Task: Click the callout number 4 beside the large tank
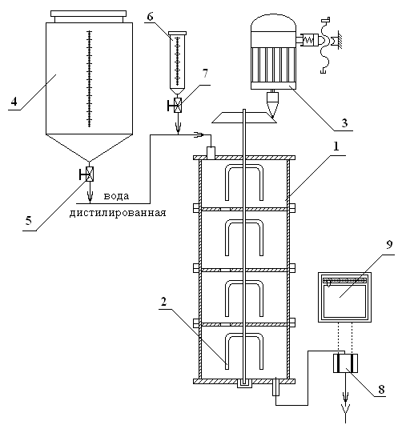pos(14,101)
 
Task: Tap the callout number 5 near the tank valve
pos(29,220)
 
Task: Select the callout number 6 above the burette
pos(150,16)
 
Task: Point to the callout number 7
pos(205,74)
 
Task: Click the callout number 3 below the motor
pos(344,122)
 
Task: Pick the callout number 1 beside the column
pos(336,146)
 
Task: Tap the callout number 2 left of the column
pos(163,302)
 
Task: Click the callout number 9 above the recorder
pos(389,245)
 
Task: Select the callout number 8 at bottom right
pos(381,389)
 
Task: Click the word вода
pos(116,196)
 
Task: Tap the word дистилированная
pos(118,213)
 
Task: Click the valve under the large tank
pos(89,174)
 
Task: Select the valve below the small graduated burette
pos(178,105)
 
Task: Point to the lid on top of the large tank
pos(88,17)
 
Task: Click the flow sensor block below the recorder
pos(345,363)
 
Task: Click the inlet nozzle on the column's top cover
pos(211,153)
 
